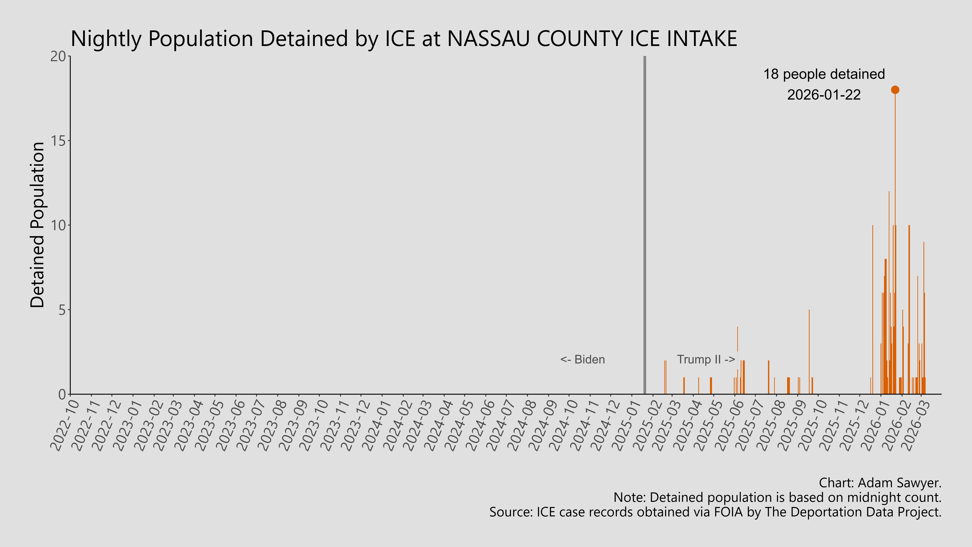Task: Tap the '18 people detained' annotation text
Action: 824,74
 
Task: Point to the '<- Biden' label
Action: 583,359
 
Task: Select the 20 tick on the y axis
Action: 58,56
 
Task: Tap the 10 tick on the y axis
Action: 58,225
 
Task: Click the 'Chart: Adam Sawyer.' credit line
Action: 880,483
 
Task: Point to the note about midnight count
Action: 777,498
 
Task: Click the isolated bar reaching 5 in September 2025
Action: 809,351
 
